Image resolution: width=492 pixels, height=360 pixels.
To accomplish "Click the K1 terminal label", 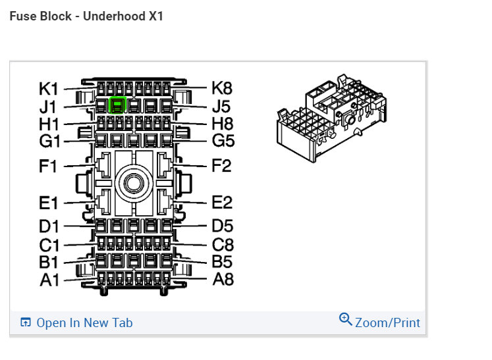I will tap(49, 88).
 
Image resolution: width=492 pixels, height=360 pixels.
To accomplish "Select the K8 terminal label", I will tap(222, 88).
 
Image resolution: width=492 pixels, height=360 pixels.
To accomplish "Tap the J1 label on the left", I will tap(48, 106).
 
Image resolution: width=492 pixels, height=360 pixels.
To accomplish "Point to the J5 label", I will tap(221, 106).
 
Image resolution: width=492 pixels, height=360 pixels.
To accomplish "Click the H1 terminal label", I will tap(49, 124).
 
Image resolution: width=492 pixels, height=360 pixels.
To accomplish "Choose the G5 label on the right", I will tap(223, 141).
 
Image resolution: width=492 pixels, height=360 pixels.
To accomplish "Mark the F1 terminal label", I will tap(49, 166).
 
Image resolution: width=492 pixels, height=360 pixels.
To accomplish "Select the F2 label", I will tap(222, 166).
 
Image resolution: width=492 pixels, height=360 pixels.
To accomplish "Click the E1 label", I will tap(49, 203).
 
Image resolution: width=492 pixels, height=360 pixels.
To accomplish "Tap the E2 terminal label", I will tap(222, 203).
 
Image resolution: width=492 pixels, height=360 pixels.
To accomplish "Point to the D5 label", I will tap(223, 227).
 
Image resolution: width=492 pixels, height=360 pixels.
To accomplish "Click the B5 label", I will tap(223, 262).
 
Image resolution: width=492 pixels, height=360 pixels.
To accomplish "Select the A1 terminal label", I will tap(49, 280).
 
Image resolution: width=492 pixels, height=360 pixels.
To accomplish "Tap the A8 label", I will tap(223, 280).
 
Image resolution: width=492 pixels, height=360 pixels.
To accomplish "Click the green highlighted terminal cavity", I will tap(117, 105).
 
